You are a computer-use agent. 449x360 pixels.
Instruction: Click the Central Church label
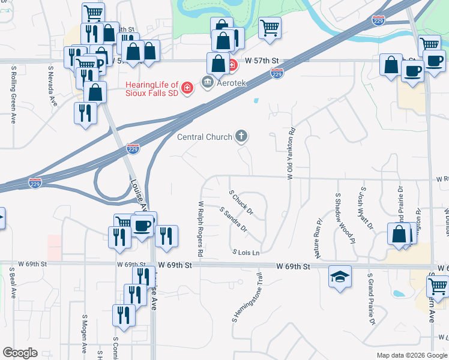tap(204, 137)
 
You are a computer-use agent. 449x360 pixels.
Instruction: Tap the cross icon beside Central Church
tap(241, 136)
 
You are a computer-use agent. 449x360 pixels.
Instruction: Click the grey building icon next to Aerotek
tap(208, 82)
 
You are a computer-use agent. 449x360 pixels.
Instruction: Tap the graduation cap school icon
tap(339, 277)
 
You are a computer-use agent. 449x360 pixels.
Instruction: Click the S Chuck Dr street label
tap(242, 203)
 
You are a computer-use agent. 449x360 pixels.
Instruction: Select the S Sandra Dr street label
tap(234, 220)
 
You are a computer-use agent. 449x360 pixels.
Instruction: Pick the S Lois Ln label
tap(246, 253)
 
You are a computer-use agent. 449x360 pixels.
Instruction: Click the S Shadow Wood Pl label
tap(345, 218)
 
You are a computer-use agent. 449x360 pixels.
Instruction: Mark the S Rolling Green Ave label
tap(13, 95)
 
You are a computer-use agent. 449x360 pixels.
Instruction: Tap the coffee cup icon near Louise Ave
tap(142, 226)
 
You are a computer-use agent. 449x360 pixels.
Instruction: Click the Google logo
tap(20, 353)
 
